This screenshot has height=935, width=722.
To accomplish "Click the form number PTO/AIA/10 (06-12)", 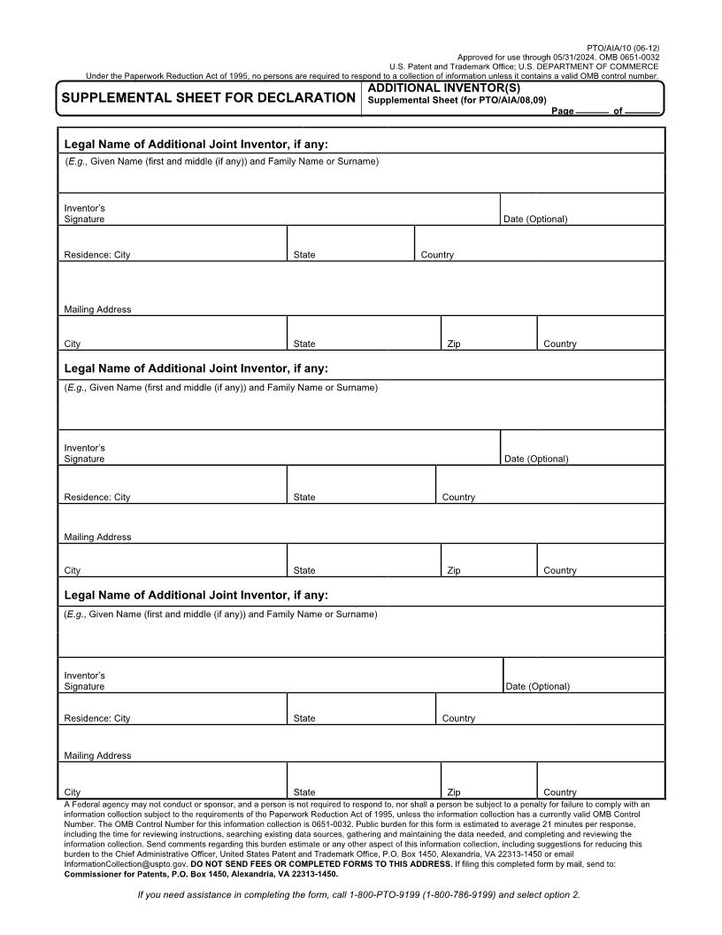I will pos(623,48).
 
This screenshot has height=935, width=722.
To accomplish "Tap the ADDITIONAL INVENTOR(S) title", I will pos(443,89).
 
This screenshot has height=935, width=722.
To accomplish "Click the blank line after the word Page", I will pos(591,112).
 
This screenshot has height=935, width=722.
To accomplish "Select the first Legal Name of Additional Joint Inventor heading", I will pos(196,143).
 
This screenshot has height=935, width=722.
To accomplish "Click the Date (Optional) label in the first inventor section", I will pos(535,219).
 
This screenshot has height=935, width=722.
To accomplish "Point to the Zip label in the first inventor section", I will pos(454,344).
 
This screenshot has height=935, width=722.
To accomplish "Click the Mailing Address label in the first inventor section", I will pos(97,309).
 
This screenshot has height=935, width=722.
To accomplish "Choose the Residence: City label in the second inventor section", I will pos(96,497).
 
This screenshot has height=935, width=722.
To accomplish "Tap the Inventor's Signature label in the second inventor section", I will pos(84,453).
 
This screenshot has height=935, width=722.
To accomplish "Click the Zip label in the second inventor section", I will pos(454,570).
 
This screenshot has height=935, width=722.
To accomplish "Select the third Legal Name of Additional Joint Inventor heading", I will pos(196,595).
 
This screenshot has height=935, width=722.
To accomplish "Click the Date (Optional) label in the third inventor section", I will pos(538,686).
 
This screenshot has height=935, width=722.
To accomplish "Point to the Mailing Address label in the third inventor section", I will pos(97,755).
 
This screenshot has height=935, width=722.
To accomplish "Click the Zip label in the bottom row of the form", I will pos(454,792).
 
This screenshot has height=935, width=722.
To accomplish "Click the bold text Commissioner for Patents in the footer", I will pos(113,873).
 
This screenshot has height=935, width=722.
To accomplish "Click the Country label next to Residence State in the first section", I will pos(437,255).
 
